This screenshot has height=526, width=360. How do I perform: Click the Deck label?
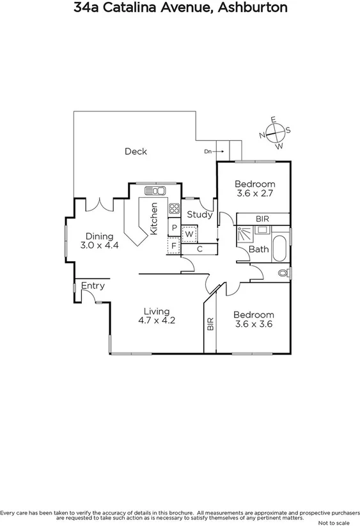(136, 152)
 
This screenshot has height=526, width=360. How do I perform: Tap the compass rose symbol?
(275, 133)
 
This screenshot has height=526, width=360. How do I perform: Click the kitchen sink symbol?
(155, 191)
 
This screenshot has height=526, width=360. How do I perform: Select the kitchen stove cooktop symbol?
(173, 209)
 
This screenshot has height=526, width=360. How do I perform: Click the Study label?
(200, 215)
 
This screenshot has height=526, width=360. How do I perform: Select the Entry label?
(93, 285)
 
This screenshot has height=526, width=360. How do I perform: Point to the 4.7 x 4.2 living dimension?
(157, 321)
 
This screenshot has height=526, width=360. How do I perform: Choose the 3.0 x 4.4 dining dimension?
(100, 245)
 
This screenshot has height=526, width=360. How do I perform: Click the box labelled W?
(189, 234)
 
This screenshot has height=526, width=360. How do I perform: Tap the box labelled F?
(173, 245)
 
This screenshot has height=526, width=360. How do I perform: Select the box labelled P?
(173, 228)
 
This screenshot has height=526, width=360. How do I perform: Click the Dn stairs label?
(207, 152)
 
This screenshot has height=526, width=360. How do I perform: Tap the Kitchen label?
(154, 219)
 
